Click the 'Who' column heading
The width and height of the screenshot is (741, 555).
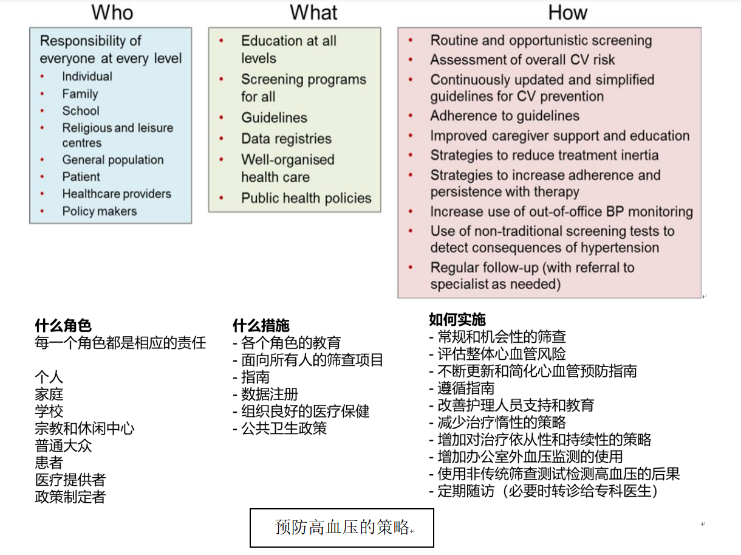click(112, 13)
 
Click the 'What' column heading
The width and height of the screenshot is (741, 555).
click(313, 13)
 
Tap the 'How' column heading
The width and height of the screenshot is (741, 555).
click(567, 13)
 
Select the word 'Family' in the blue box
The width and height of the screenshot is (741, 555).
click(80, 94)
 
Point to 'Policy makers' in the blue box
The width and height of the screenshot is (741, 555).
click(100, 211)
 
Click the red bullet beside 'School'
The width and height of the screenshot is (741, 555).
click(42, 111)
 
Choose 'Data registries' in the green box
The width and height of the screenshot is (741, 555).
click(286, 139)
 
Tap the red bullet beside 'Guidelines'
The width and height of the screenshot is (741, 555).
click(221, 117)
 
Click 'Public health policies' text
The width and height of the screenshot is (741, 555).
click(306, 198)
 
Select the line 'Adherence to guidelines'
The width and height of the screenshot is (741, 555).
click(505, 116)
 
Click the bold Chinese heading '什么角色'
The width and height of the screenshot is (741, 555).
click(63, 326)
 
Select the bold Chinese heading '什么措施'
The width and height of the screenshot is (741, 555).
click(261, 326)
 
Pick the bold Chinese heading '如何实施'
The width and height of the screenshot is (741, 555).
click(457, 320)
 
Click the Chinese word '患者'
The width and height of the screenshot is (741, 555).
click(49, 463)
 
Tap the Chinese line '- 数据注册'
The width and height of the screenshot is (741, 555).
click(265, 394)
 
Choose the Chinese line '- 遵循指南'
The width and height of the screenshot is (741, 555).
click(462, 388)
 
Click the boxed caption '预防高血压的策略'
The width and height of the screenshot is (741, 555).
click(341, 527)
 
